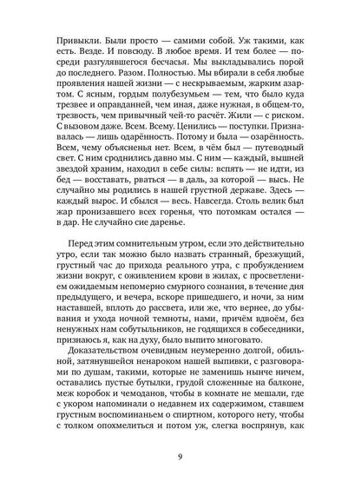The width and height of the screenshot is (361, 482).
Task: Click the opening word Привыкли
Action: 75,40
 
